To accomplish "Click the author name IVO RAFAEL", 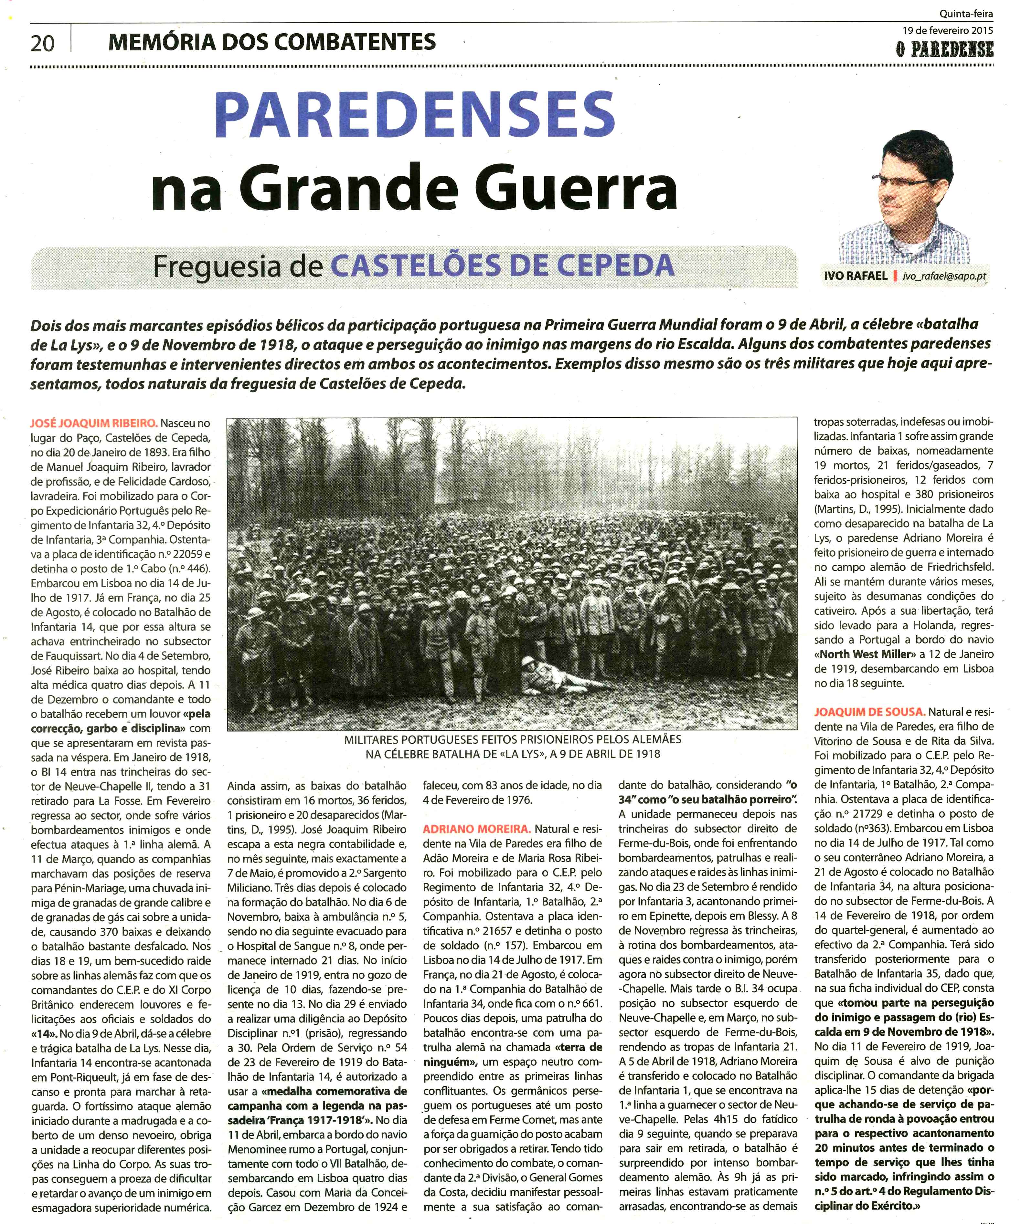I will (856, 276).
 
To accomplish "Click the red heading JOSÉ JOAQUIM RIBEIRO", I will (94, 423).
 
